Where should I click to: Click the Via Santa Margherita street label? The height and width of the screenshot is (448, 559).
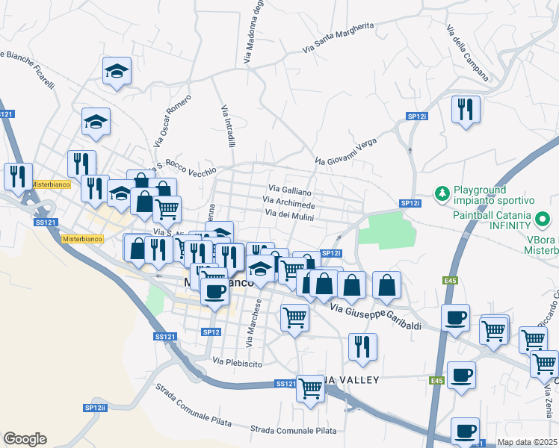(338, 37)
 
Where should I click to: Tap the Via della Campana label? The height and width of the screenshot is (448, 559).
(467, 53)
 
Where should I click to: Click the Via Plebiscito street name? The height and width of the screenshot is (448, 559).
(237, 363)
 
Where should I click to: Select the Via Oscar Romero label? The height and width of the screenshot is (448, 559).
(171, 119)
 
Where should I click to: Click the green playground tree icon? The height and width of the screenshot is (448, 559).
(442, 194)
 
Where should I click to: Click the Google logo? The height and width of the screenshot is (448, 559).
(25, 439)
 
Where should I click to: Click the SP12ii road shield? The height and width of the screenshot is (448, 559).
(96, 408)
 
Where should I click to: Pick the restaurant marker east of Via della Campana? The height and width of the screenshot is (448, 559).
(466, 110)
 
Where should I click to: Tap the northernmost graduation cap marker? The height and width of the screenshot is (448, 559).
(116, 71)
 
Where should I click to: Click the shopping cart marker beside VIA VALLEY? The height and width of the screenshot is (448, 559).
(310, 388)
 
